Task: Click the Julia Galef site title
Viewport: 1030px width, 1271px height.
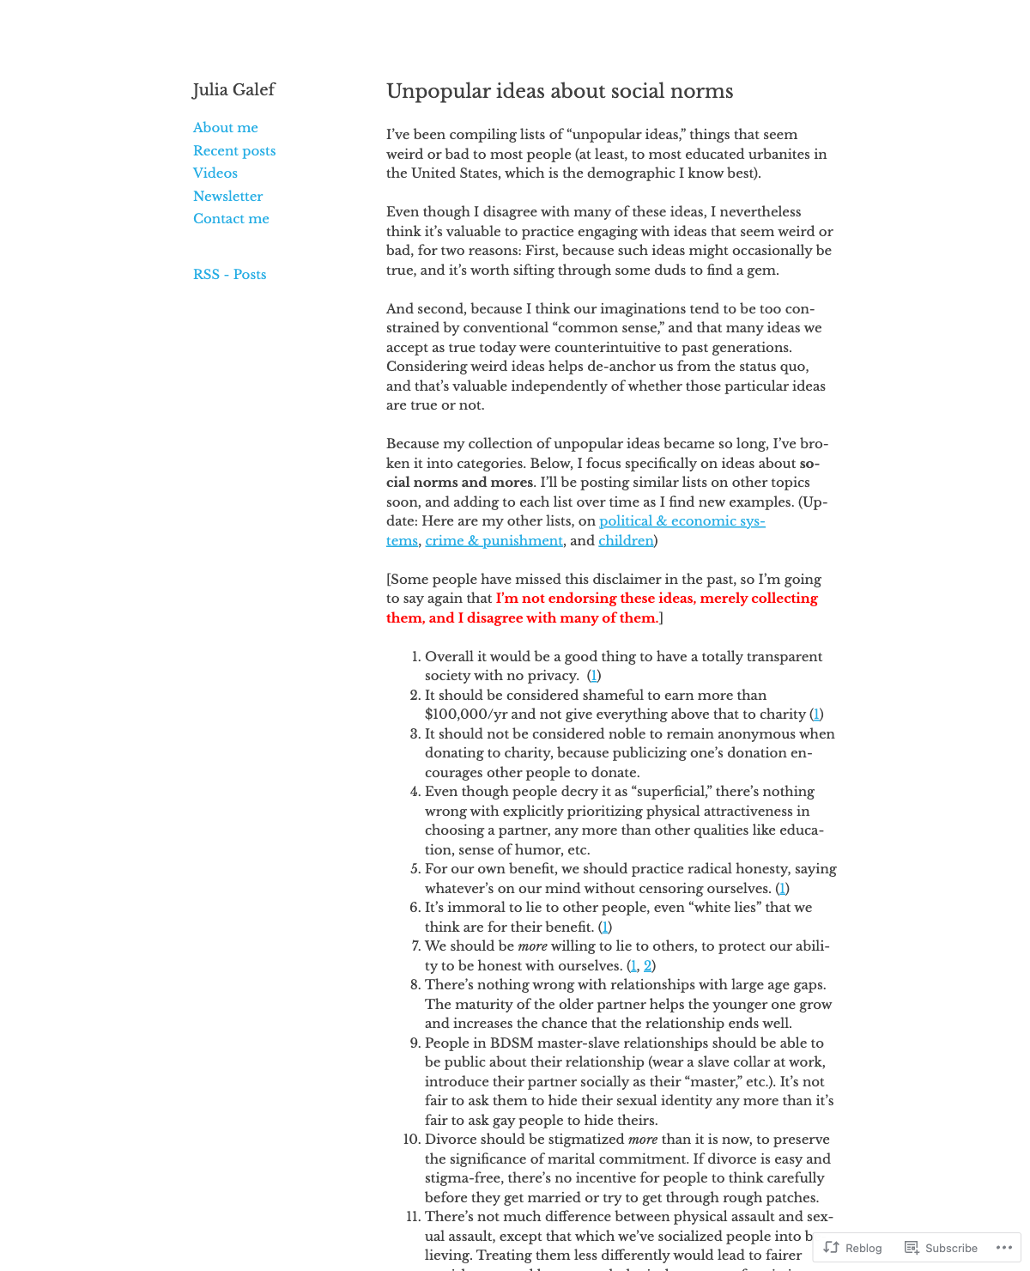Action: click(x=233, y=90)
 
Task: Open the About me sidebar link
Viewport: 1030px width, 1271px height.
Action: click(x=225, y=128)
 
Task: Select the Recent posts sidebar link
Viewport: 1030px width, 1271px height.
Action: click(x=234, y=151)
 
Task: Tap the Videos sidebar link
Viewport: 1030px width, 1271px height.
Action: click(x=215, y=173)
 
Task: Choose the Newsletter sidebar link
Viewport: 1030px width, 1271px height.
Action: click(x=227, y=197)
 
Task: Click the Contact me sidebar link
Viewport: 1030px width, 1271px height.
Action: click(x=231, y=219)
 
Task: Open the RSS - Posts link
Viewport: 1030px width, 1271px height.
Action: click(x=229, y=275)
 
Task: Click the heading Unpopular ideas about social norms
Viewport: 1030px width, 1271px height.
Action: click(x=560, y=92)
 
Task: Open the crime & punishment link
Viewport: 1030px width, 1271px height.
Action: click(x=494, y=541)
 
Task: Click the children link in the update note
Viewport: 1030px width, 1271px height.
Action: click(x=626, y=541)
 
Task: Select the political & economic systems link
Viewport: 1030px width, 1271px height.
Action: click(x=682, y=521)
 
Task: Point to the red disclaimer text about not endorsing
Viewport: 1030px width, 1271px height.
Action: click(x=657, y=599)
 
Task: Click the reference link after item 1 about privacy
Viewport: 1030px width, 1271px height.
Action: click(x=594, y=676)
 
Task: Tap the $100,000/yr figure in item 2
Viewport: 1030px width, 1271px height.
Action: click(x=469, y=715)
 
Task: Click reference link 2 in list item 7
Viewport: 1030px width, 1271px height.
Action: click(x=648, y=966)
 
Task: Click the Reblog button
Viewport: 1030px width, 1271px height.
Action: click(x=853, y=1248)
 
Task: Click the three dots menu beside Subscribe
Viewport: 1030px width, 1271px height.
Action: click(x=1004, y=1248)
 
